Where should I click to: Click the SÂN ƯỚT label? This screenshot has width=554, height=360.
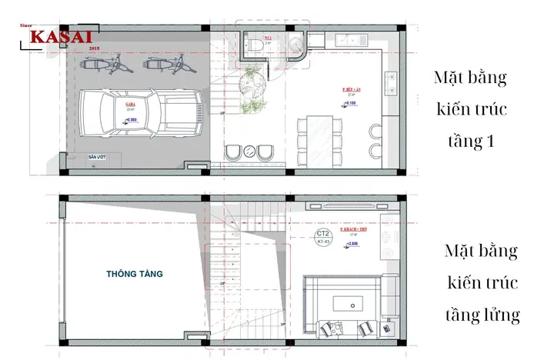pos(96,156)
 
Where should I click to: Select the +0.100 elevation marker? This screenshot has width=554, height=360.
pos(351,102)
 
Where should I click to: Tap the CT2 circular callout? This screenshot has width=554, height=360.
pos(323,232)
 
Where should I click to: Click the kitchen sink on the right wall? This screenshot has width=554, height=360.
pos(391,77)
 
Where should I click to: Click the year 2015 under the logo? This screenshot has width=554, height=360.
pos(95,48)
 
